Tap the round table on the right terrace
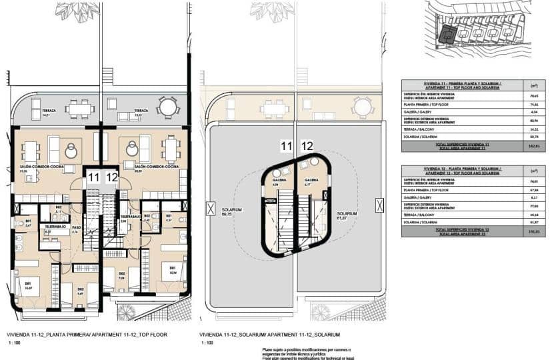[x=167, y=107]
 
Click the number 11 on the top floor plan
[x=93, y=177]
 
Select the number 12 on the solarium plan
[x=307, y=146]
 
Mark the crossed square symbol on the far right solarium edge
[x=379, y=203]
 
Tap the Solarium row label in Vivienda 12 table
[x=416, y=222]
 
